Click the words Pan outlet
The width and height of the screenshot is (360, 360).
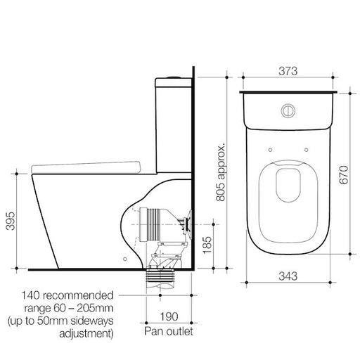tap(167, 328)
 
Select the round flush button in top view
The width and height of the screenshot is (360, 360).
tap(287, 110)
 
